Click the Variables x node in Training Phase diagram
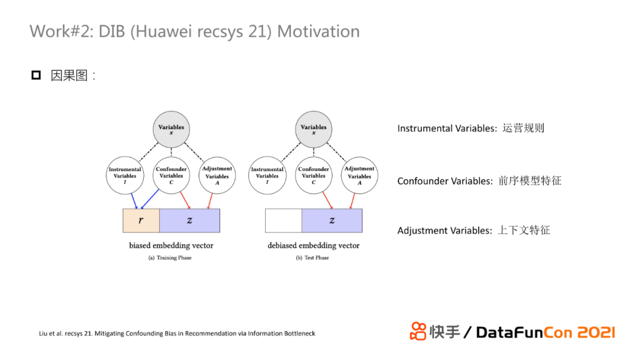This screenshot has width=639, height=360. coord(172,130)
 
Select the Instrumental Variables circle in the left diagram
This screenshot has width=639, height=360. coord(125,175)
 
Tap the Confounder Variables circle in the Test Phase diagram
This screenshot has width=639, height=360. coord(314,175)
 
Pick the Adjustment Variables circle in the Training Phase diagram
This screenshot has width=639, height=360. coord(217,175)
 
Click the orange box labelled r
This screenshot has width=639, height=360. coord(141,220)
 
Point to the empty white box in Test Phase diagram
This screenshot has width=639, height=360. coord(283,220)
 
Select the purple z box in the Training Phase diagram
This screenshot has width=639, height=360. coord(189,220)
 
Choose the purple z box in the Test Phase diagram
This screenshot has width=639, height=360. coord(331,220)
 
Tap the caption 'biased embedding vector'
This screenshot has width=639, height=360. coord(171,245)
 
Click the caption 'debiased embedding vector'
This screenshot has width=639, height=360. coord(314,245)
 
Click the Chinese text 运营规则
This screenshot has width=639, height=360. coord(523,128)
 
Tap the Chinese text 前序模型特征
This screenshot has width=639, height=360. coord(530,181)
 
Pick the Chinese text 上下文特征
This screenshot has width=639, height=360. coord(524,230)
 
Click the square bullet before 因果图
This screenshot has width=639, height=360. coord(36,75)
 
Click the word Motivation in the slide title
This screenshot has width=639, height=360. coord(318,31)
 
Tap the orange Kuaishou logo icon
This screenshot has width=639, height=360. coord(418,331)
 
